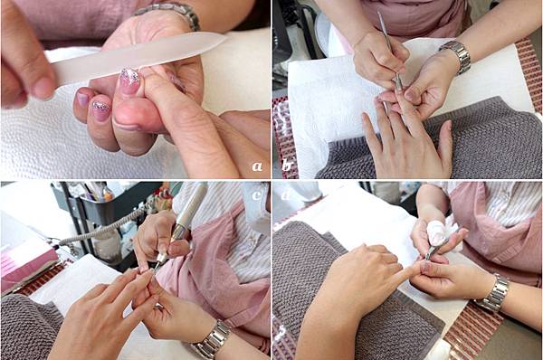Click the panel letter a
[257, 166]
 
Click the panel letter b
[286, 166]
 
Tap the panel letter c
[256, 195]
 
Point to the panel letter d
[286, 195]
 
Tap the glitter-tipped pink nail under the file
[129, 81]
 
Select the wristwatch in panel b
[456, 55]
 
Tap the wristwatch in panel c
[212, 339]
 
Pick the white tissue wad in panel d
[437, 232]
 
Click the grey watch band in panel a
[169, 14]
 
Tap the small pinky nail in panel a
[82, 99]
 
